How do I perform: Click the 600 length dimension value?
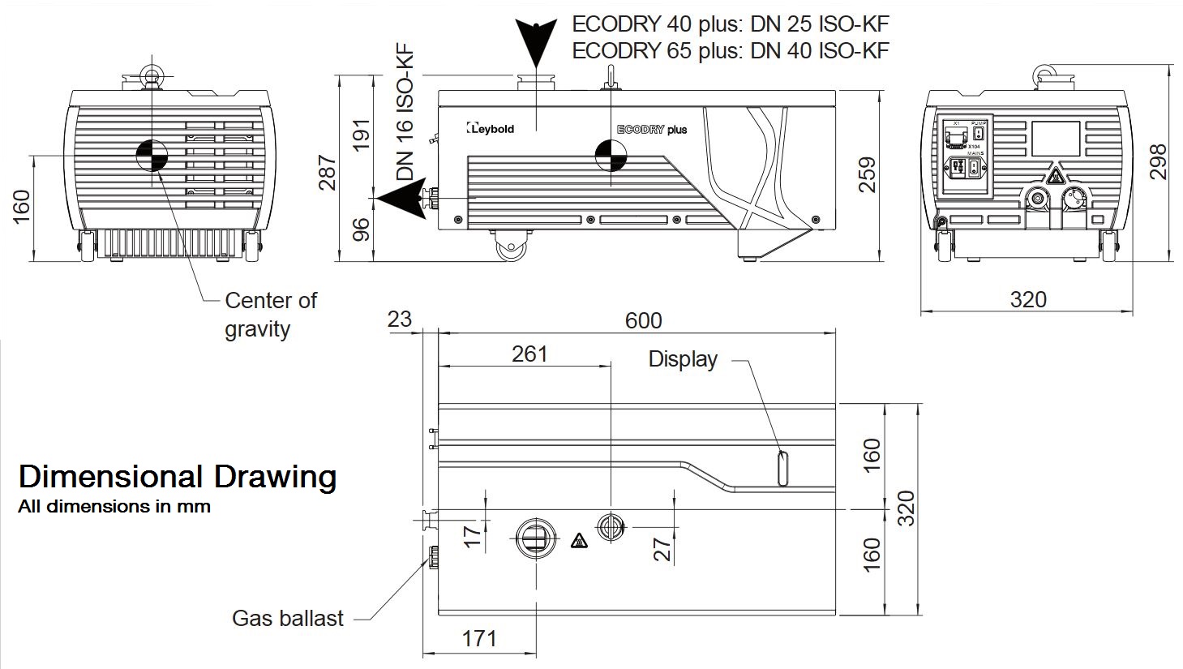coord(643,320)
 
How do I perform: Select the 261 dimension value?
coord(529,354)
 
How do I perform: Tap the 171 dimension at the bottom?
coord(479,638)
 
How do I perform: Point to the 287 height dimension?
coord(327,172)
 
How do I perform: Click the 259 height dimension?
coord(867,174)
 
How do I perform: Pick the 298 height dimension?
coord(1158,161)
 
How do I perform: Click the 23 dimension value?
coord(399,319)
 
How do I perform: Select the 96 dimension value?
coord(362,229)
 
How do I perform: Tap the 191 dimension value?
coord(362,134)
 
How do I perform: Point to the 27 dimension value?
coord(663,549)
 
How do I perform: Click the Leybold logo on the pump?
coord(491,128)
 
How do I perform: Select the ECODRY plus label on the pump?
coord(652,130)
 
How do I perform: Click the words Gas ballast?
coord(288,619)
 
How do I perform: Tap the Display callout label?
coord(683,359)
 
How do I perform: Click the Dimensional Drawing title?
coord(177,476)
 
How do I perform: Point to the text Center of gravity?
coord(269,315)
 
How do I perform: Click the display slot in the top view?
coord(782,468)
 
